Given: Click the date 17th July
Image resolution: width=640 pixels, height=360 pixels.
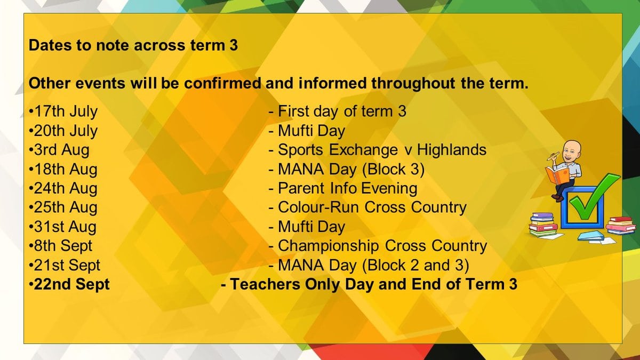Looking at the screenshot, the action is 66,111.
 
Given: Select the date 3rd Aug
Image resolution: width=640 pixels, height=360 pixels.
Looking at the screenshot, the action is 61,150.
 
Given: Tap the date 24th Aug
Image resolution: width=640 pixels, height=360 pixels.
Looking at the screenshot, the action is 66,189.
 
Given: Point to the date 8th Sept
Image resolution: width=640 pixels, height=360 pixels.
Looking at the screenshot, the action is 63,246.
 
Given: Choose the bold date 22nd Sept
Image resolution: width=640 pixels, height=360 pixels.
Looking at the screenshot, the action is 71,284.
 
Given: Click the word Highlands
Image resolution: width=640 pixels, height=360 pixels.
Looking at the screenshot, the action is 451,150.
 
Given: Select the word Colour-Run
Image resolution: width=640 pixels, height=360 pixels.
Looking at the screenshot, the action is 318,207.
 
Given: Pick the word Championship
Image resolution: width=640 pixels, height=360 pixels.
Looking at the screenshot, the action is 329,246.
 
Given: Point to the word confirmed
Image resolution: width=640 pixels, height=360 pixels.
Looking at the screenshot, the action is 223,83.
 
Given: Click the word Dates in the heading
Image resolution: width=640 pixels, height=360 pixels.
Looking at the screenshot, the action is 50,45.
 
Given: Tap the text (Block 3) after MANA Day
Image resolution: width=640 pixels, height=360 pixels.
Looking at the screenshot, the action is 393,169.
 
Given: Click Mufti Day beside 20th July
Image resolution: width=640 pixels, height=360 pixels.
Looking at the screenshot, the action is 311,131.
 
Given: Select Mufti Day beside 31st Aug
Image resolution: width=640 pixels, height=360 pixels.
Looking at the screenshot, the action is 311,227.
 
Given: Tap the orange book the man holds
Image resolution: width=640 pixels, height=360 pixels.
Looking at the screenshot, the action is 557,175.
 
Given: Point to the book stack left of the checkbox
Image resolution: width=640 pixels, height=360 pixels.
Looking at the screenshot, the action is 542,225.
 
